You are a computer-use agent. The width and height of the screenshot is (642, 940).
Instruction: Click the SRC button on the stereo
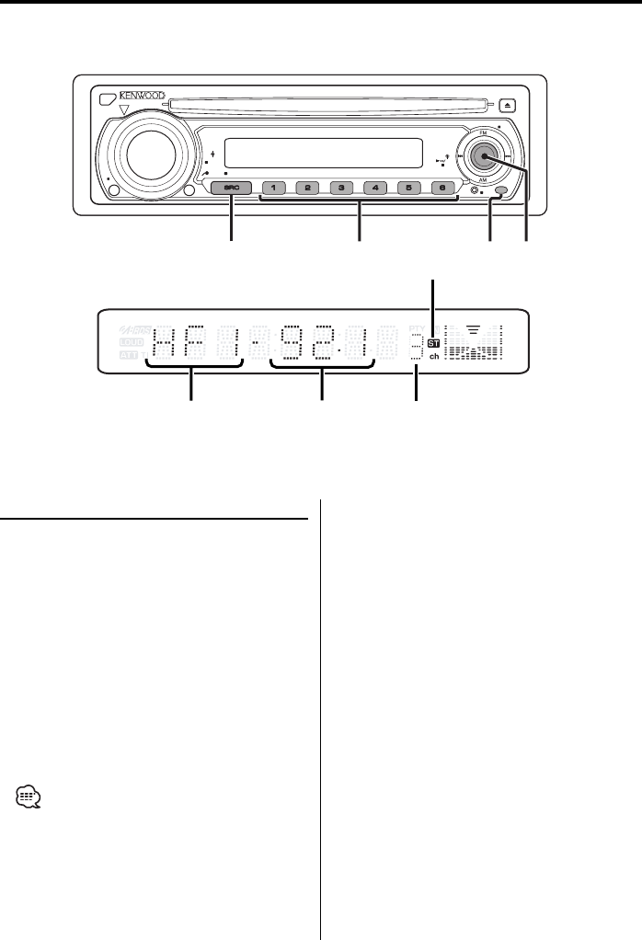click(230, 189)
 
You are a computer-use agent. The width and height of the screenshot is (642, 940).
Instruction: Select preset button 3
click(341, 189)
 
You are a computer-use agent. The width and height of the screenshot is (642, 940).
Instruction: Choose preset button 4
click(375, 189)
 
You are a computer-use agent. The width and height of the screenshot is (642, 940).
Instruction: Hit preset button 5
click(409, 189)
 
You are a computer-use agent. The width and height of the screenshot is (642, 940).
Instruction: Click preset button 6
click(442, 189)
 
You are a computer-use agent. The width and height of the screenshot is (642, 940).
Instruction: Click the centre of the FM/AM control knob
click(484, 155)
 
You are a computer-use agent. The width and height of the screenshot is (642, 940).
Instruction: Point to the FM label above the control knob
click(484, 131)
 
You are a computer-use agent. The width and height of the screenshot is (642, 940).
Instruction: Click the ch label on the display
click(433, 357)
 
